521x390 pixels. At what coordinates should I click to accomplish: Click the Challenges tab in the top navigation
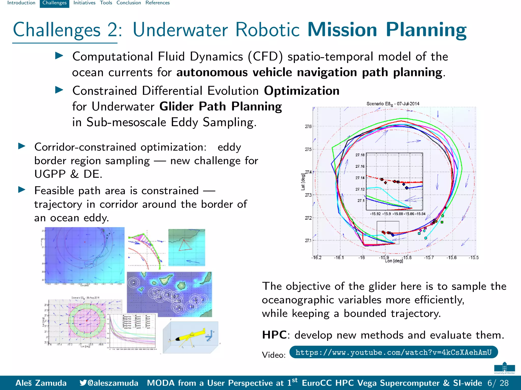[x=54, y=3]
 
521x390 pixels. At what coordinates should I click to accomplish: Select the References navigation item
[x=157, y=3]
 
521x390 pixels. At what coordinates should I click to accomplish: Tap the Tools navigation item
[x=106, y=3]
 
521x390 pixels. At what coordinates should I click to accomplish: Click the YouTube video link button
[x=393, y=352]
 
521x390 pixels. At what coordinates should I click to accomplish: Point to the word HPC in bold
[x=274, y=335]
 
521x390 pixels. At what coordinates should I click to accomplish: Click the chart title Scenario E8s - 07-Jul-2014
[x=393, y=104]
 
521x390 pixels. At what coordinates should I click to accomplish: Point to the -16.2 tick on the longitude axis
[x=316, y=257]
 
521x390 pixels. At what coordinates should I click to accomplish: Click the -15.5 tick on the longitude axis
[x=474, y=257]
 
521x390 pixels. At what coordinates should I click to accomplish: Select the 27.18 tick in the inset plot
[x=360, y=155]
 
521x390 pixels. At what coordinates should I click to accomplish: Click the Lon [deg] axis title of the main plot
[x=394, y=261]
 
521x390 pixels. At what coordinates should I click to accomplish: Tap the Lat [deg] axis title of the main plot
[x=303, y=182]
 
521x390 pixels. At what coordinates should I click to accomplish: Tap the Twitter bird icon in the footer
[x=83, y=383]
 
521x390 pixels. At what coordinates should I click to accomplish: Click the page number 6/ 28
[x=498, y=383]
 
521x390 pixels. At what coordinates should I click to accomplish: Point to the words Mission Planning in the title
[x=387, y=30]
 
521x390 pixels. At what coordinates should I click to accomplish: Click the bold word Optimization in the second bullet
[x=301, y=91]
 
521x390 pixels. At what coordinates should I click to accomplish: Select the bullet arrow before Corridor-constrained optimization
[x=22, y=146]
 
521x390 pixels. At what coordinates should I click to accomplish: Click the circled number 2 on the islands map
[x=134, y=283]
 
